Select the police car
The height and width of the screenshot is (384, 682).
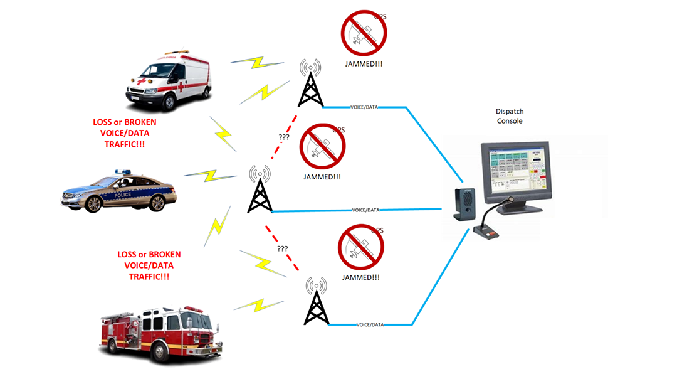click(x=119, y=191)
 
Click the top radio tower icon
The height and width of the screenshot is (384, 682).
click(x=310, y=84)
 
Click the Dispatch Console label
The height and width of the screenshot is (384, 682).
click(x=509, y=116)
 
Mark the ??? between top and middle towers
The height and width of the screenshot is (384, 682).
click(x=286, y=136)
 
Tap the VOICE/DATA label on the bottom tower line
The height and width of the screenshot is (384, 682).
click(x=370, y=324)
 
